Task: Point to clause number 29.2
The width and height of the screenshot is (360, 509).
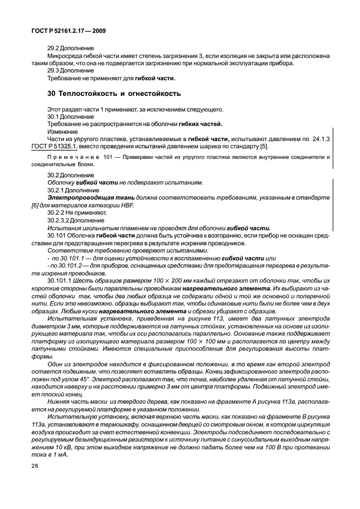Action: pyautogui.click(x=53, y=49)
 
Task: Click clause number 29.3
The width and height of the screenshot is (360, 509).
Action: pyautogui.click(x=53, y=71)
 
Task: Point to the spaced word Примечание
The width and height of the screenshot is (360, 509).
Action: pyautogui.click(x=69, y=158)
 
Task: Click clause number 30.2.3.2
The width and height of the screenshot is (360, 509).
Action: pyautogui.click(x=59, y=220)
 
